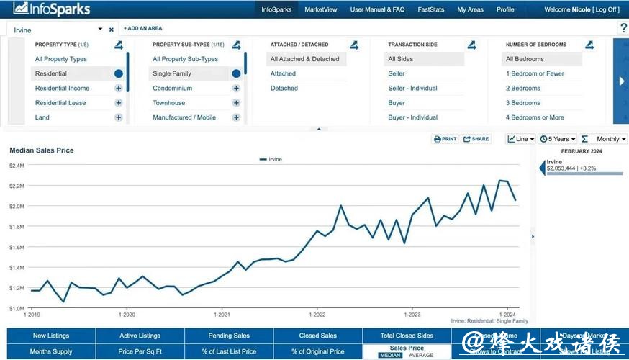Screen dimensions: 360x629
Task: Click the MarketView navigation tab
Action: coord(320,9)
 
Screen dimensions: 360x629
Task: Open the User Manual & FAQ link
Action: coord(377,9)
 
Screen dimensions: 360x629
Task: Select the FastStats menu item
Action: coord(430,9)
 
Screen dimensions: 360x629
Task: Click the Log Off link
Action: coord(605,9)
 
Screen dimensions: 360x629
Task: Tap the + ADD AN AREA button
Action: coord(142,28)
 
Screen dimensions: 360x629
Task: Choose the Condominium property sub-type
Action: coord(172,89)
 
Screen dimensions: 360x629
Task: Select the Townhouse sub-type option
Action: coord(168,103)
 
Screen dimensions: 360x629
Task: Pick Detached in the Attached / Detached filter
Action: coord(284,89)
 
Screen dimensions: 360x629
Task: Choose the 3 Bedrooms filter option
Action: coord(522,103)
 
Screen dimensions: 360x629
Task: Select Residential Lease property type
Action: coord(60,103)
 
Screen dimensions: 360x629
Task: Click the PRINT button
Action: coord(445,139)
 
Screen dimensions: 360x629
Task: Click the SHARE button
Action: coord(476,139)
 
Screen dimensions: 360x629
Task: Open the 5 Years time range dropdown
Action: coord(557,139)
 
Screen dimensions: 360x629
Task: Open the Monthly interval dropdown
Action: coord(611,139)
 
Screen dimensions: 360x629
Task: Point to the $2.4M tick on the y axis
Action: coord(17,166)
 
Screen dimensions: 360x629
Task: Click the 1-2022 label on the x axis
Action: coord(317,315)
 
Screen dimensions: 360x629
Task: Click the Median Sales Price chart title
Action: coord(41,150)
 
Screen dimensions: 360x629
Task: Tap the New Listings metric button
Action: coord(50,336)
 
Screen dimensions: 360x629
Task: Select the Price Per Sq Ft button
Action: coord(140,351)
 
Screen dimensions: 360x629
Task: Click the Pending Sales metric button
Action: coord(229,336)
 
